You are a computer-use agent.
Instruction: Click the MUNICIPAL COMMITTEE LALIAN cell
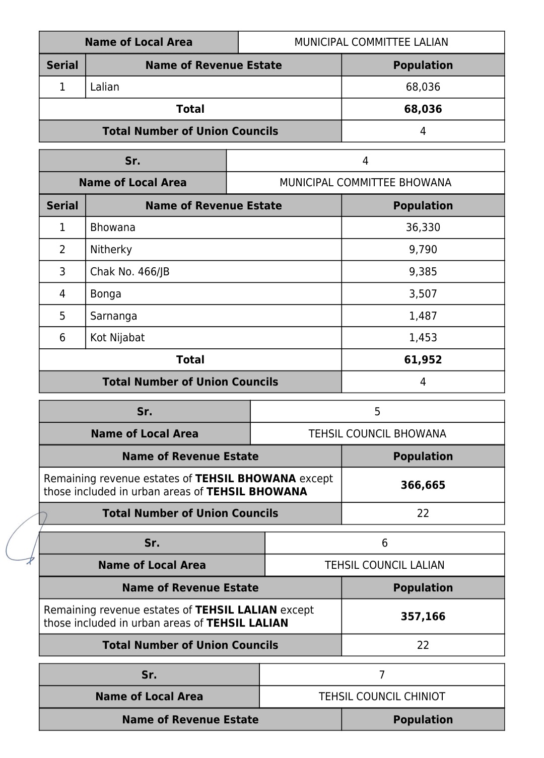(371, 42)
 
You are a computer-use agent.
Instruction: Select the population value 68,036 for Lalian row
(423, 87)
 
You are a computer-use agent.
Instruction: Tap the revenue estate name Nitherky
(111, 250)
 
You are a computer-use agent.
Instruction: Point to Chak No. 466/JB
(129, 272)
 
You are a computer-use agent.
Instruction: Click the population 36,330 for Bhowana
(423, 228)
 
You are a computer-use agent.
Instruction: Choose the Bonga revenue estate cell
(105, 294)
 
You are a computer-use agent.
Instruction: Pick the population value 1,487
(423, 316)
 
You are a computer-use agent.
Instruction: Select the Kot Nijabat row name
(117, 338)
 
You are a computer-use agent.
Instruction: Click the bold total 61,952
(423, 360)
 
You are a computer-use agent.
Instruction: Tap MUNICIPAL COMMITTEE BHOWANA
(365, 183)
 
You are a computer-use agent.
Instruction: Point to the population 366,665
(423, 485)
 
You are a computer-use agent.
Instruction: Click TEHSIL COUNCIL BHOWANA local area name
(377, 434)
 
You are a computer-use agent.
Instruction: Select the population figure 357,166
(423, 617)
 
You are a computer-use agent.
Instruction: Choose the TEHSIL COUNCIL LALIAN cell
(384, 565)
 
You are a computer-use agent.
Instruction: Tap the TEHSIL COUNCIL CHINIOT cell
(382, 697)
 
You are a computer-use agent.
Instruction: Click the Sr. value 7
(382, 675)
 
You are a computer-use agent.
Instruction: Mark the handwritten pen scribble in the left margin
(25, 539)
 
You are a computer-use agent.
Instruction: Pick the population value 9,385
(423, 272)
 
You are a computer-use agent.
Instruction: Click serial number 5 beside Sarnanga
(62, 316)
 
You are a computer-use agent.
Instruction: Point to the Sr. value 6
(384, 543)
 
